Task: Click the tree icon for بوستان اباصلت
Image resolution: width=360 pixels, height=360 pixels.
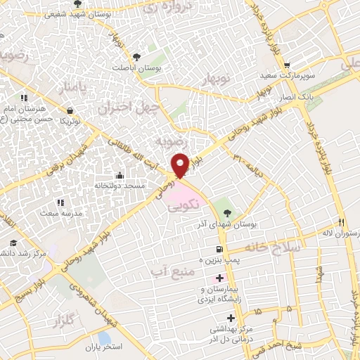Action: [136, 57]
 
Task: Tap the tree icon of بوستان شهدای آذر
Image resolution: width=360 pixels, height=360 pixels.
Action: [225, 212]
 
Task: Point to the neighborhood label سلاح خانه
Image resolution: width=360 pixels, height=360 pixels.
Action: [275, 247]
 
